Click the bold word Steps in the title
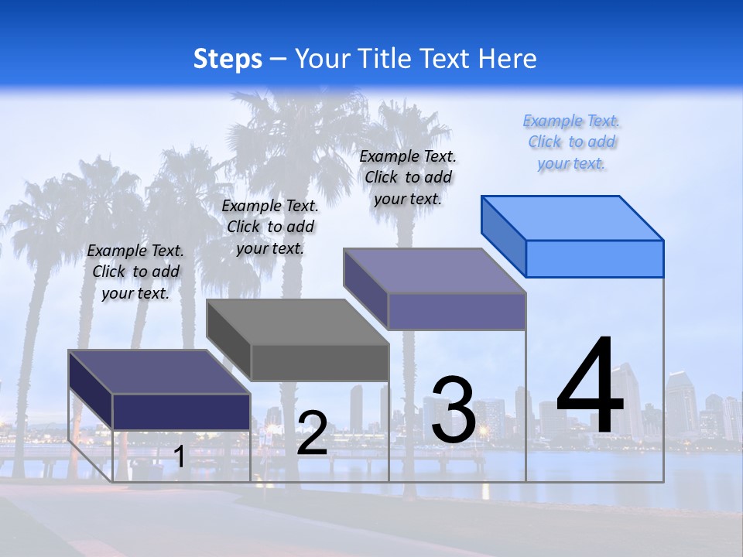[x=228, y=59]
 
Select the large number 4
[x=590, y=387]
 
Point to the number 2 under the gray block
[x=313, y=433]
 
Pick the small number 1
[x=179, y=456]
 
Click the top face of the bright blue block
[x=573, y=217]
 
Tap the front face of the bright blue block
[x=594, y=258]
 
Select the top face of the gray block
[x=297, y=321]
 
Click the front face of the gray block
[x=320, y=362]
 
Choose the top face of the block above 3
[x=435, y=270]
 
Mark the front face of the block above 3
[x=457, y=311]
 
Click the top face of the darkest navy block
[x=159, y=371]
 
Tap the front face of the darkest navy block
[x=181, y=412]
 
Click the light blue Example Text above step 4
[x=571, y=142]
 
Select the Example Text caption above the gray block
[x=270, y=227]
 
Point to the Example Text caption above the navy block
[x=135, y=272]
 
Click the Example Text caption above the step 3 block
[x=408, y=177]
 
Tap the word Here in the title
[x=508, y=59]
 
